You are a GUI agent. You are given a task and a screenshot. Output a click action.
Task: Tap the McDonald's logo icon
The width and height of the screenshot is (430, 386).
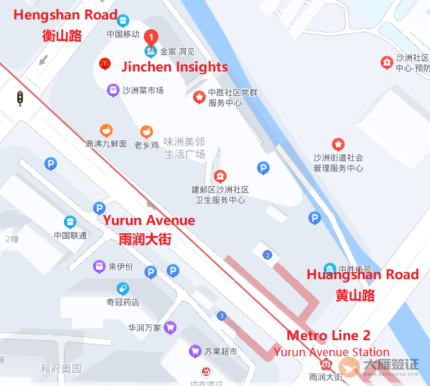click(105, 64)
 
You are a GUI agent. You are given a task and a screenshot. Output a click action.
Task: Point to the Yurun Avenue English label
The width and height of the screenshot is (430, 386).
click(149, 221)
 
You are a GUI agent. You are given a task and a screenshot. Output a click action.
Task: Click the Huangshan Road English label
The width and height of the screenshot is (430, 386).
click(363, 274)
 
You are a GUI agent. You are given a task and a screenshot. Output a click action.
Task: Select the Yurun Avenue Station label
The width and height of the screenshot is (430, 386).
click(331, 352)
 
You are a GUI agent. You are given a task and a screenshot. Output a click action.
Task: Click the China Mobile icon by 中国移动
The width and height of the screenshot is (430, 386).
click(123, 21)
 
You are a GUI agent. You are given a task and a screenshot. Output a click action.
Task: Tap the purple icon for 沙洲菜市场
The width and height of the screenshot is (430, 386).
click(113, 90)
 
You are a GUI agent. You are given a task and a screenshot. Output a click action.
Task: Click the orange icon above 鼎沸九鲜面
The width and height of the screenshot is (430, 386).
click(106, 130)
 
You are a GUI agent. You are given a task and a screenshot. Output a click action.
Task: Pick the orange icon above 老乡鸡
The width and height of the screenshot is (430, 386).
click(146, 131)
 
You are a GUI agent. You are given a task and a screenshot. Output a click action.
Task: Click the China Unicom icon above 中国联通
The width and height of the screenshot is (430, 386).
click(70, 221)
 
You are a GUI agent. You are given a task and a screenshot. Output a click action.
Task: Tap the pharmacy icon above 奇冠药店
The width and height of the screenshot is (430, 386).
click(122, 288)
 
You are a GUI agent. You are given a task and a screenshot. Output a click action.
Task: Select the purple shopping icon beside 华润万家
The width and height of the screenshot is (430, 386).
click(171, 327)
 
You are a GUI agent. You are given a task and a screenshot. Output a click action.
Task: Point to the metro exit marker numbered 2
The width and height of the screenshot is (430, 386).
click(267, 255)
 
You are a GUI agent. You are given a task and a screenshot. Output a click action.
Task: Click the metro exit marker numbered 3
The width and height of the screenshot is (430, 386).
click(221, 316)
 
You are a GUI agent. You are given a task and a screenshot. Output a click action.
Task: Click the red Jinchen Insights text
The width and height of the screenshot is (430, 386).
click(174, 67)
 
